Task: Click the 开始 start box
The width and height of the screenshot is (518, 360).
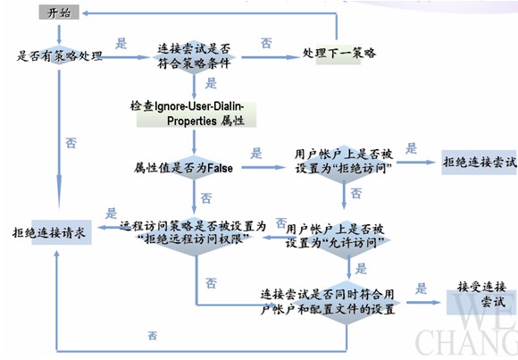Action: (59, 13)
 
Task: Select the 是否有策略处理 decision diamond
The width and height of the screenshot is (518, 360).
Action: (60, 55)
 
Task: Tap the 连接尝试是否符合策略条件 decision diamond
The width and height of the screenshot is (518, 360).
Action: (195, 56)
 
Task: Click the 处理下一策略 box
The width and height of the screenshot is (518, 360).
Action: (338, 54)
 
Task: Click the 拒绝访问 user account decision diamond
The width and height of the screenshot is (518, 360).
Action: (344, 163)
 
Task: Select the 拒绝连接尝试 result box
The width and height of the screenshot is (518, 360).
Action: (479, 163)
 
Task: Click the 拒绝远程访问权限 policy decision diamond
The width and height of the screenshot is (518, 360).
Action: (194, 233)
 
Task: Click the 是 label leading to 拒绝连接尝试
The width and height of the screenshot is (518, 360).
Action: (412, 148)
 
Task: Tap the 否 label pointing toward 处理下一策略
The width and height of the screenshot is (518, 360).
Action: (266, 43)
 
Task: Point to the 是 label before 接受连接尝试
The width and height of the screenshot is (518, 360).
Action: (422, 289)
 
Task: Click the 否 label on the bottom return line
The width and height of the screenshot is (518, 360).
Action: (153, 336)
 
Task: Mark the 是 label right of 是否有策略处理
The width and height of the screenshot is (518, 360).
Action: (121, 43)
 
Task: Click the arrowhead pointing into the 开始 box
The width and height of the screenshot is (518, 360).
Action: (85, 13)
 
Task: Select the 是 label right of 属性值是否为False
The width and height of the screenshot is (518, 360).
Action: (256, 153)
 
